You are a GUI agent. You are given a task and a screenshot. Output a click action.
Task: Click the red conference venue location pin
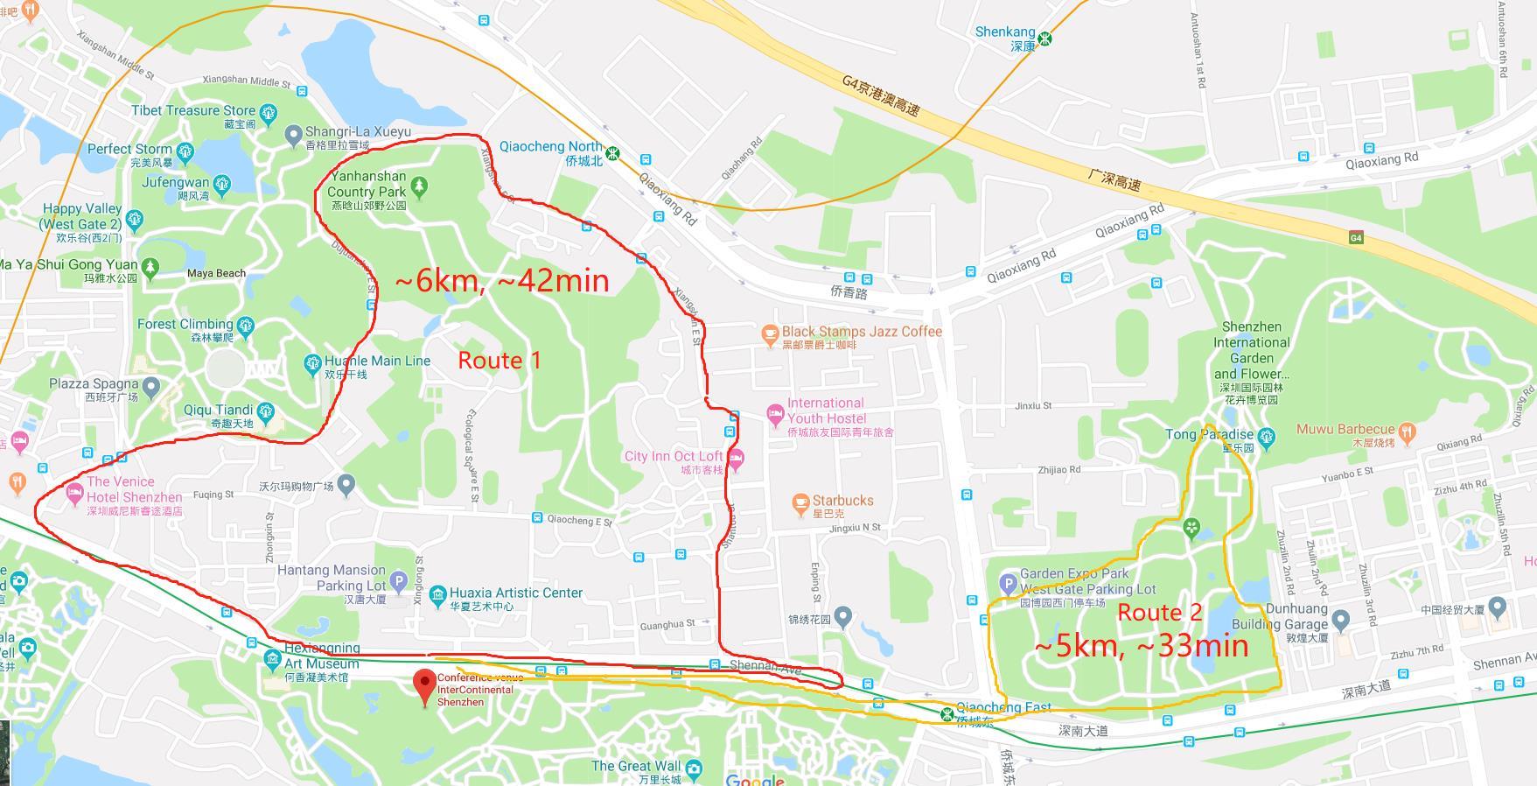point(425,684)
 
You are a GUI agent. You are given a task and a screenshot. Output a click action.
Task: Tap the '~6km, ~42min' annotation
point(502,280)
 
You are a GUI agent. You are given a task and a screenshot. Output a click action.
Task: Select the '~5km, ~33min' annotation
point(1141,646)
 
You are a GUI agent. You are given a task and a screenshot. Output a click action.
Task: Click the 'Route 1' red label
point(500,360)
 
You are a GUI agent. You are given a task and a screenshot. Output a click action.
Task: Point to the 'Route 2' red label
point(1160,613)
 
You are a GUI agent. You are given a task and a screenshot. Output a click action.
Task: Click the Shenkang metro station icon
point(1044,39)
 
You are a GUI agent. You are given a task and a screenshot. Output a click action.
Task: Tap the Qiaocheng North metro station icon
point(614,153)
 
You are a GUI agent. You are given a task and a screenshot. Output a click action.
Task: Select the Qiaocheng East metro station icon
point(947,714)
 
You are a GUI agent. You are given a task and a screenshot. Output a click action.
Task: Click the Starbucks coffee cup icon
point(800,502)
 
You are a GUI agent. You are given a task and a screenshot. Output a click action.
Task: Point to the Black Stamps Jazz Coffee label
point(861,332)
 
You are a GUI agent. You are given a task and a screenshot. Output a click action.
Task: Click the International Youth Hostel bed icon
point(775,412)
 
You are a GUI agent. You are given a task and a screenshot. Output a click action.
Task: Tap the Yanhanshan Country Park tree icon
point(420,186)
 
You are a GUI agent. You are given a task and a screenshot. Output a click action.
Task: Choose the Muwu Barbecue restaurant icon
point(1407,431)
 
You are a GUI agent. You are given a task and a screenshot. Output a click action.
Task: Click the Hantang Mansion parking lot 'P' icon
point(399,579)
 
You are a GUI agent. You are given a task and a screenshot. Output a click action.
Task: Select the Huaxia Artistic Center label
point(516,593)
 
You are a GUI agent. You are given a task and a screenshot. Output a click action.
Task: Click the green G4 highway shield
point(1356,238)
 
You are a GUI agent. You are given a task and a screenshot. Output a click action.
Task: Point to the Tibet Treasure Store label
point(193,110)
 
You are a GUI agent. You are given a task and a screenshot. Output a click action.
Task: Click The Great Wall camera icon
point(694,768)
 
